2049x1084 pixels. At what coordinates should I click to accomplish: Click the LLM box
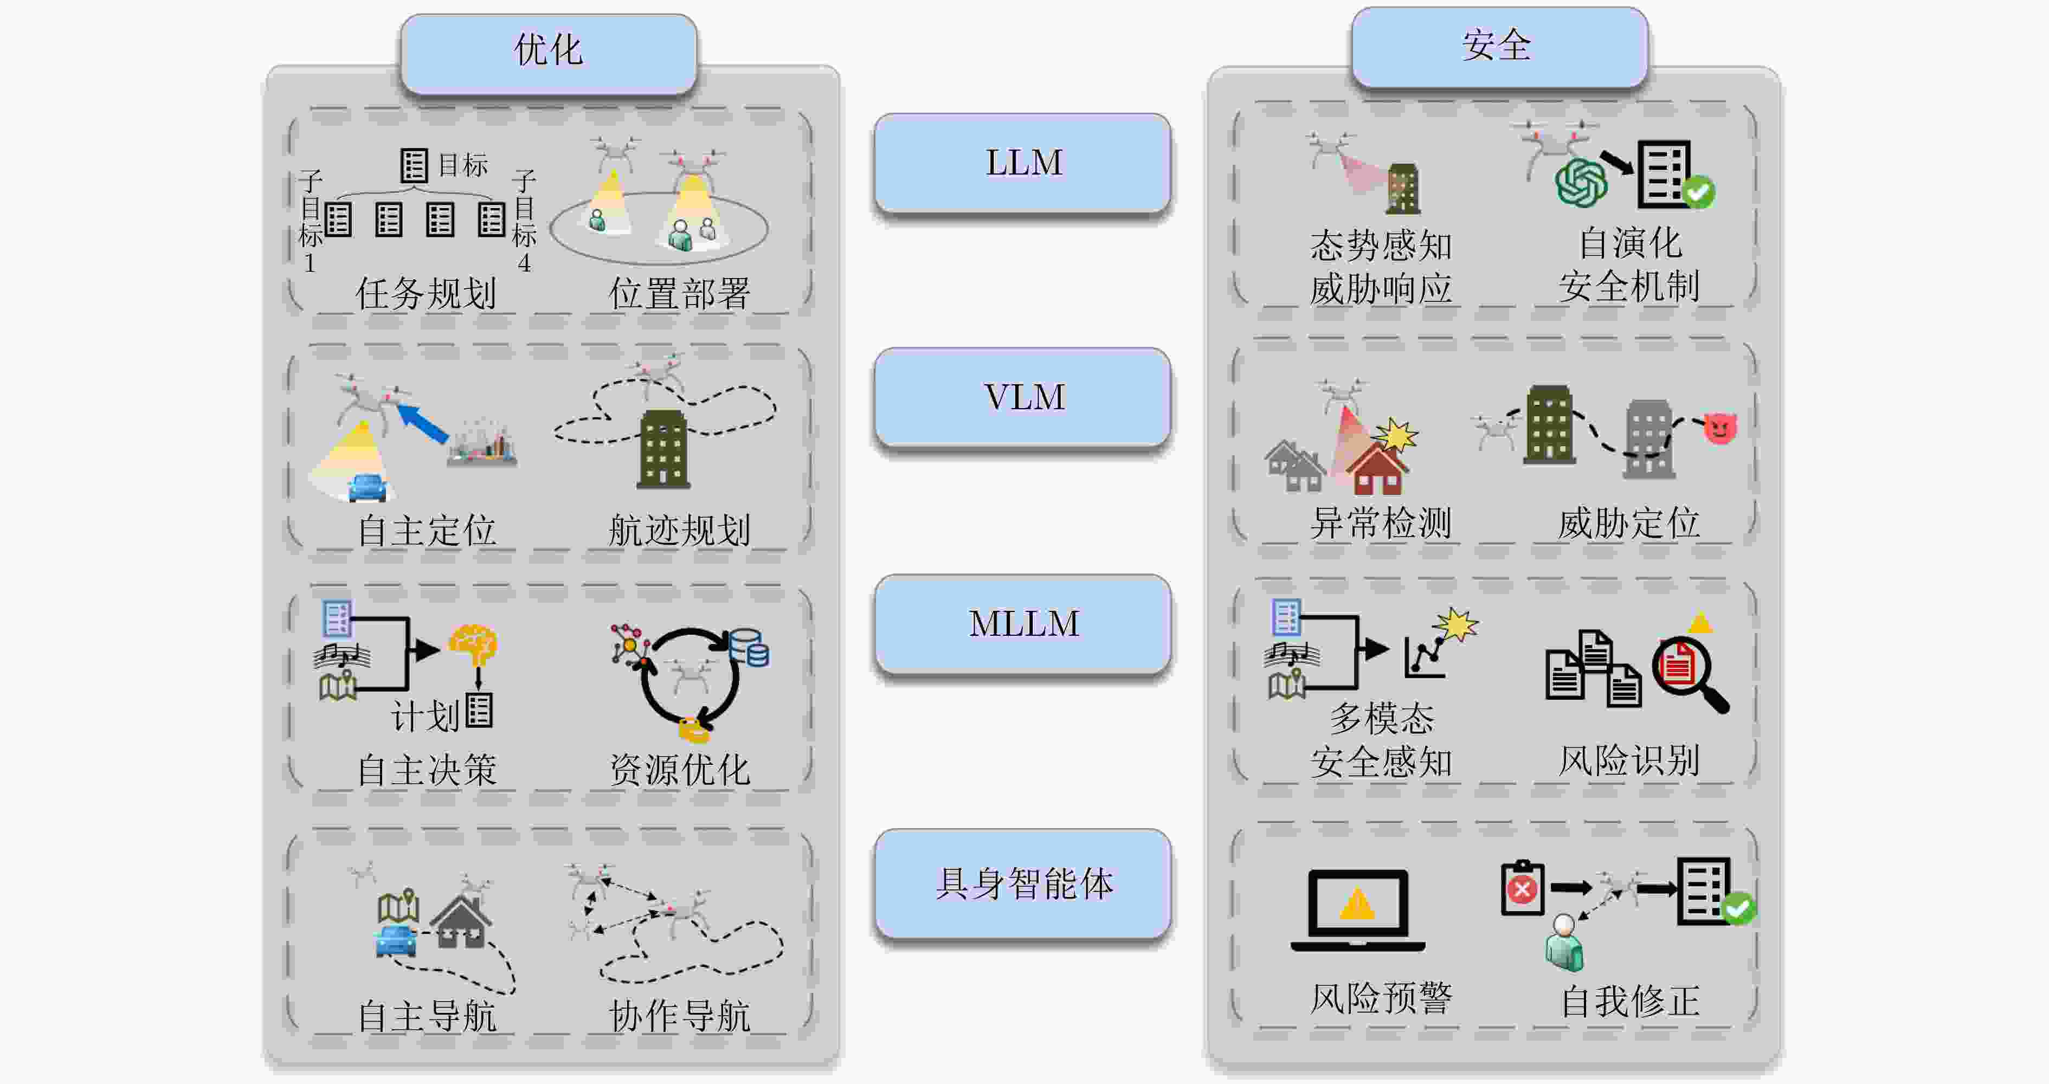pos(1022,163)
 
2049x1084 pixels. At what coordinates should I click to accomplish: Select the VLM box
pos(1022,397)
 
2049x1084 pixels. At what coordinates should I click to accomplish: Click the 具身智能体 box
pos(1022,883)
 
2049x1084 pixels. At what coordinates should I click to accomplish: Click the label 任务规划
pos(427,293)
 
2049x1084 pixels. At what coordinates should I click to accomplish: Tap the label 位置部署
pos(679,293)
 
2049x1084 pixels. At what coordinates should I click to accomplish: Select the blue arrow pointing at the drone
pos(422,422)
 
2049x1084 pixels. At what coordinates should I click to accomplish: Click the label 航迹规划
pos(679,530)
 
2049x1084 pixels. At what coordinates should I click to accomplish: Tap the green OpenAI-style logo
pos(1581,182)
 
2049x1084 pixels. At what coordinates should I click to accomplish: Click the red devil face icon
pos(1719,428)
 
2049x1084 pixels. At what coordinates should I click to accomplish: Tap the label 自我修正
pos(1630,1001)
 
